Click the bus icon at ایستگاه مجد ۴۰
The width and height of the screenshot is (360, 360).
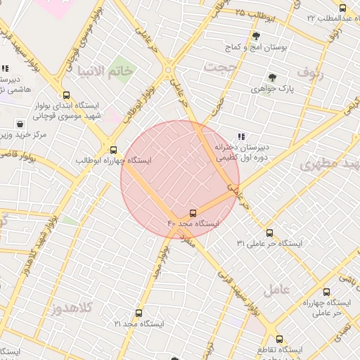click(193, 212)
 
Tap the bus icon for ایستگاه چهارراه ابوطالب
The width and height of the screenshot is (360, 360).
click(113, 149)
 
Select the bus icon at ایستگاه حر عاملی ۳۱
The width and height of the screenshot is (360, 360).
click(269, 233)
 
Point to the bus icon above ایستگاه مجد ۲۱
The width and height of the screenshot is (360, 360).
click(139, 313)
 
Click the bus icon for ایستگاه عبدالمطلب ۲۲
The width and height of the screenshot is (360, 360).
click(342, 8)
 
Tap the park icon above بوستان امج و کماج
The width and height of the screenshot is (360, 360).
click(255, 36)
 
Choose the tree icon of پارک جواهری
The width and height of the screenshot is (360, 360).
click(272, 78)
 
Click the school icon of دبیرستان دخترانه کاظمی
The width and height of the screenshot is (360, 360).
click(242, 136)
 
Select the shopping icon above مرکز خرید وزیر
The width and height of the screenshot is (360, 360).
click(19, 124)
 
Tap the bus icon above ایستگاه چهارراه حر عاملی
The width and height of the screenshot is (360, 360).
click(326, 291)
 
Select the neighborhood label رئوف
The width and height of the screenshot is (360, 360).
click(309, 72)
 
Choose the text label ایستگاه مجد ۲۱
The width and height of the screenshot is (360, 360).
click(139, 323)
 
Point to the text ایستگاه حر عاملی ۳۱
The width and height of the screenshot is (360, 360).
click(269, 243)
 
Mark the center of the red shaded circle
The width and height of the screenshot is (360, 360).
click(180, 180)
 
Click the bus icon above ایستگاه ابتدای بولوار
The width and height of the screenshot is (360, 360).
click(66, 95)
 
